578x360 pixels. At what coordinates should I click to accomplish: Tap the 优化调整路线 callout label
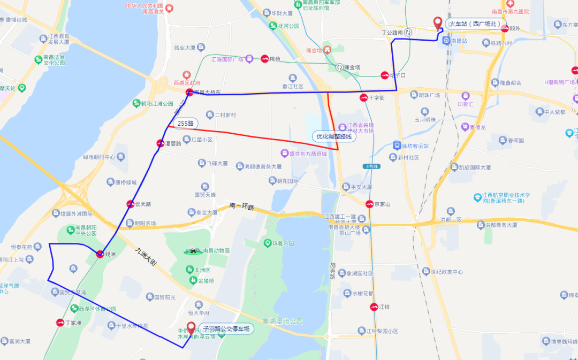coord(335,136)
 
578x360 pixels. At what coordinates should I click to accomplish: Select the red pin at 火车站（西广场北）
coord(438,22)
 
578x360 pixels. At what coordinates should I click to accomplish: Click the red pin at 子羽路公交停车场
coord(191,327)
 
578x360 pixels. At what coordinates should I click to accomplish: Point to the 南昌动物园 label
coord(216,250)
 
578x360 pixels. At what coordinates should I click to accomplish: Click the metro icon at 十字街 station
coord(363,98)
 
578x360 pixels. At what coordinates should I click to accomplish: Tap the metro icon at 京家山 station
coord(369,204)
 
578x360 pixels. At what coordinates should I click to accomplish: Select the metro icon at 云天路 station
coord(130,204)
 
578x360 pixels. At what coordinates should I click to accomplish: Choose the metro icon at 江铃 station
coord(374,307)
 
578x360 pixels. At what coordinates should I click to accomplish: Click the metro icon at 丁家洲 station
coord(60,323)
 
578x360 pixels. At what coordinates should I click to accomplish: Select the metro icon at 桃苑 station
coord(264,59)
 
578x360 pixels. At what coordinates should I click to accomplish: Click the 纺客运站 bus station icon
coord(397,145)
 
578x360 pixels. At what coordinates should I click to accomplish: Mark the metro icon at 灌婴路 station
coord(160,143)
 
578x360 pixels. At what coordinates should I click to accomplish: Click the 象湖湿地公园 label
coord(283,321)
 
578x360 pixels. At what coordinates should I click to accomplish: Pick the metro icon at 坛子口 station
coord(384,75)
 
